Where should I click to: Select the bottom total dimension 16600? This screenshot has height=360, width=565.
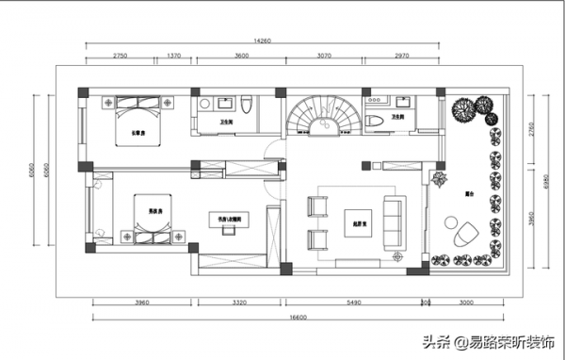(298, 318)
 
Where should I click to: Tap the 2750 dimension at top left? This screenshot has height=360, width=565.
(120, 57)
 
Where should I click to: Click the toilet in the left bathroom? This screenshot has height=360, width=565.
(245, 106)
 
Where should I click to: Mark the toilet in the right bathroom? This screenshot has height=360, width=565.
(374, 120)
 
